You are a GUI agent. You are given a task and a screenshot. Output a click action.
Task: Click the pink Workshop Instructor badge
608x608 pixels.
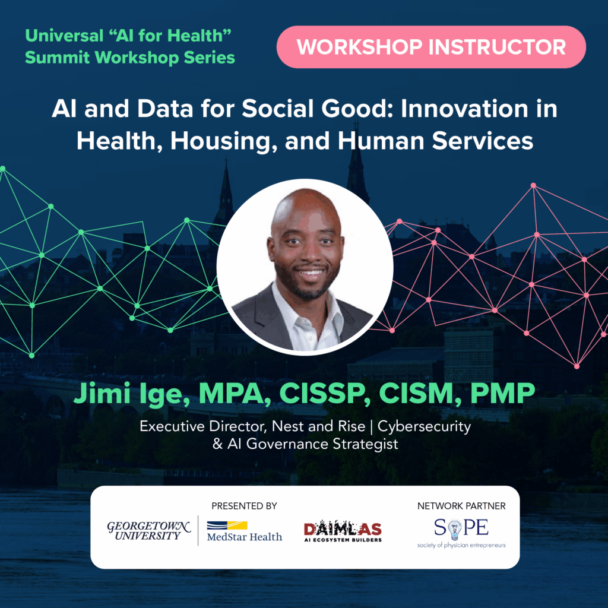point(431,47)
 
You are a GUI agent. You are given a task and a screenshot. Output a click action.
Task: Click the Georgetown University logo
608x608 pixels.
point(149,530)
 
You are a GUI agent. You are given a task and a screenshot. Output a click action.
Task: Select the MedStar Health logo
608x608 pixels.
point(243,531)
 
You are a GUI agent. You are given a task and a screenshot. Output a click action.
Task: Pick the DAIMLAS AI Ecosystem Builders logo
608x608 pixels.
point(343,531)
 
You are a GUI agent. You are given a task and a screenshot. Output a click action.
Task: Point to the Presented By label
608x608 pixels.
point(244,506)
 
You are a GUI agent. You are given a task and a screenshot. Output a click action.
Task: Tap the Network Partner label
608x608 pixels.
point(461,506)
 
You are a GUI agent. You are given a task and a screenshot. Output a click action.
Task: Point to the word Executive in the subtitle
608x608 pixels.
point(164,426)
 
